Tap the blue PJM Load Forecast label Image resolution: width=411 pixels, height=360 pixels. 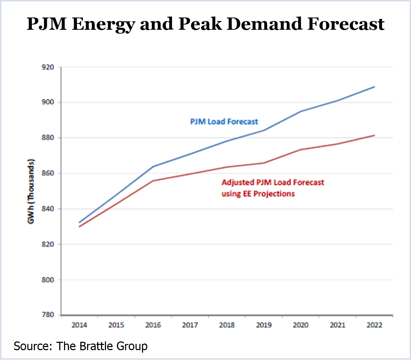pos(224,122)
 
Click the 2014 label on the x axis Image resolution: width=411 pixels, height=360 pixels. pos(79,325)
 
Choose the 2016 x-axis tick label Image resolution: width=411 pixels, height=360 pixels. pos(153,325)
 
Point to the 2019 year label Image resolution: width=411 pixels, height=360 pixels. pos(264,325)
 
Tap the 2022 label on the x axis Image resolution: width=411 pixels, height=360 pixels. pos(375,325)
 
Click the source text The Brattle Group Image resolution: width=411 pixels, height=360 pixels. pos(80,346)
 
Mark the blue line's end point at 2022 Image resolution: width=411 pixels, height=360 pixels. pos(375,86)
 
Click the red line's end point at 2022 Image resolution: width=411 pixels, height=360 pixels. pos(375,135)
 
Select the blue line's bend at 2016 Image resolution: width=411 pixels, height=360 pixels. pos(153,166)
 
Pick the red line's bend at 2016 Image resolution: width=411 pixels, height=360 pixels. pos(153,181)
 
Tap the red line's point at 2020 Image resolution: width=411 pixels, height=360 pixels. pos(301,150)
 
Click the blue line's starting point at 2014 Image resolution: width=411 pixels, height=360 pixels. pos(79,222)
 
